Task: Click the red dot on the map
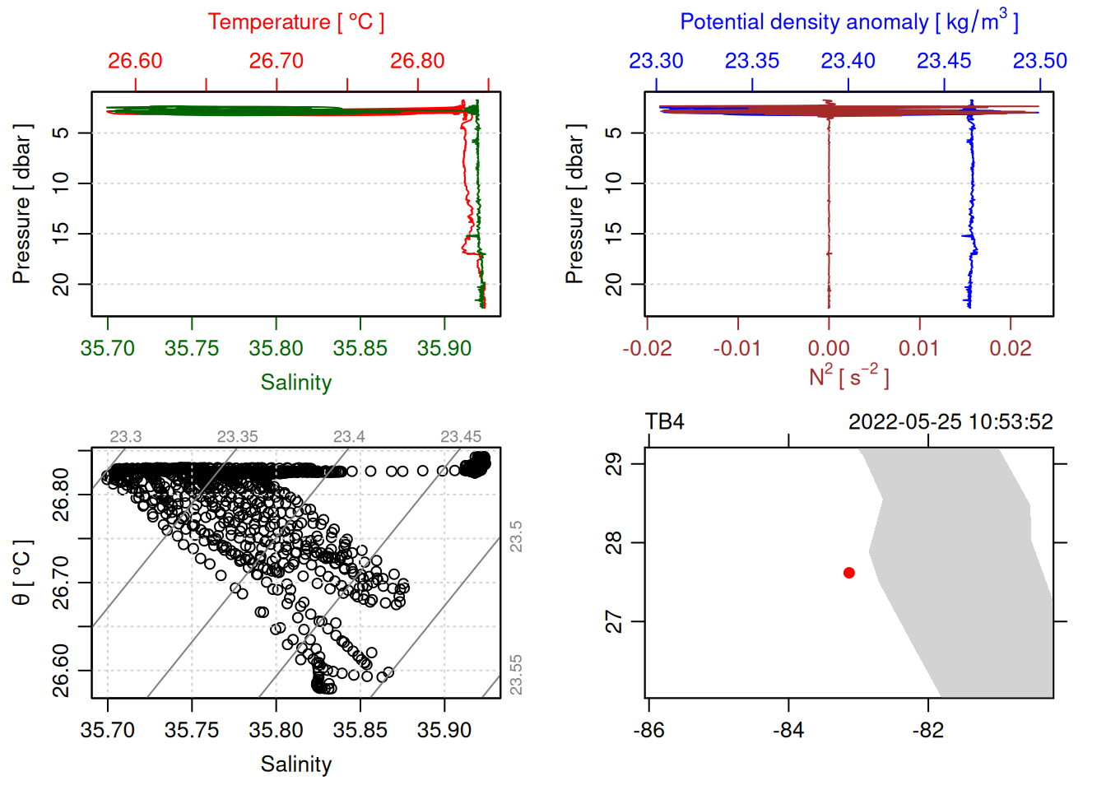tap(849, 573)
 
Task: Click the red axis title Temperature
tap(295, 22)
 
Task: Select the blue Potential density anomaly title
tap(848, 22)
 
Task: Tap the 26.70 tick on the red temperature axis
tap(276, 61)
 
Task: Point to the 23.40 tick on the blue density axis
tap(848, 61)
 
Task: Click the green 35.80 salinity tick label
tap(276, 348)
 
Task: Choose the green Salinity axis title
tap(295, 383)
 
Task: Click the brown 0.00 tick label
tap(829, 348)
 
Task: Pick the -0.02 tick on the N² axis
tap(648, 348)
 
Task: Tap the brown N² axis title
tap(848, 377)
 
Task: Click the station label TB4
tap(665, 422)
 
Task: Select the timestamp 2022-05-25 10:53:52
tap(950, 422)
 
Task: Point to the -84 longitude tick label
tap(788, 730)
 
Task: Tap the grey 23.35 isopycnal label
tap(237, 437)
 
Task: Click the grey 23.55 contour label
tap(516, 674)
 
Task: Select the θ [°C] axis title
tap(22, 573)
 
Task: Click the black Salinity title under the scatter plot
tap(295, 764)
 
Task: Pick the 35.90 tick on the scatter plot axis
tap(444, 730)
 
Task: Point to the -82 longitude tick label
tap(928, 730)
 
